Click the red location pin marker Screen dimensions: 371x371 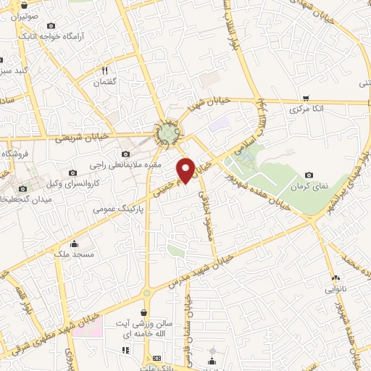(186, 169)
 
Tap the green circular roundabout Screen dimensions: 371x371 (168, 133)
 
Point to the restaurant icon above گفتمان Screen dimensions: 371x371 (105, 71)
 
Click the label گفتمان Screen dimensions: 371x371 (105, 83)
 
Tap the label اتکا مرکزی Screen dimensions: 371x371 (305, 110)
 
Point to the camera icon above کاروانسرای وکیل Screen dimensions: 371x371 (72, 172)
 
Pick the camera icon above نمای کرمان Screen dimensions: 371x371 (309, 175)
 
